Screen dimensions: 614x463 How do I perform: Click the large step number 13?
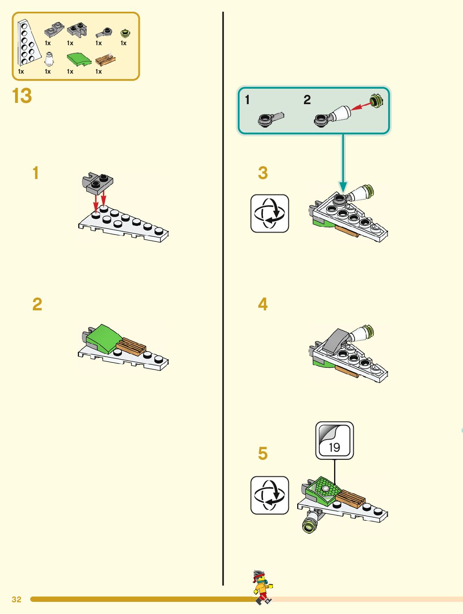tap(22, 96)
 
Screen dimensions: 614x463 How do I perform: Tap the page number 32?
tap(16, 599)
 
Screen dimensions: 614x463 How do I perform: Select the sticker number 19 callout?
tap(334, 440)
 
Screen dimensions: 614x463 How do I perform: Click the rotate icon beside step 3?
tap(270, 213)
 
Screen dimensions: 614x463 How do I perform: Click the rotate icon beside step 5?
tap(270, 495)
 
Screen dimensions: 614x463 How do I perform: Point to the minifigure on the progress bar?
tap(262, 586)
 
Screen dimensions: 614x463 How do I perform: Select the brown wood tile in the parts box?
tap(105, 60)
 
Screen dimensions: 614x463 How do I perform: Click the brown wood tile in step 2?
tap(131, 347)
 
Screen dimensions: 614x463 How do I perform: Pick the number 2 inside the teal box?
tap(307, 100)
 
